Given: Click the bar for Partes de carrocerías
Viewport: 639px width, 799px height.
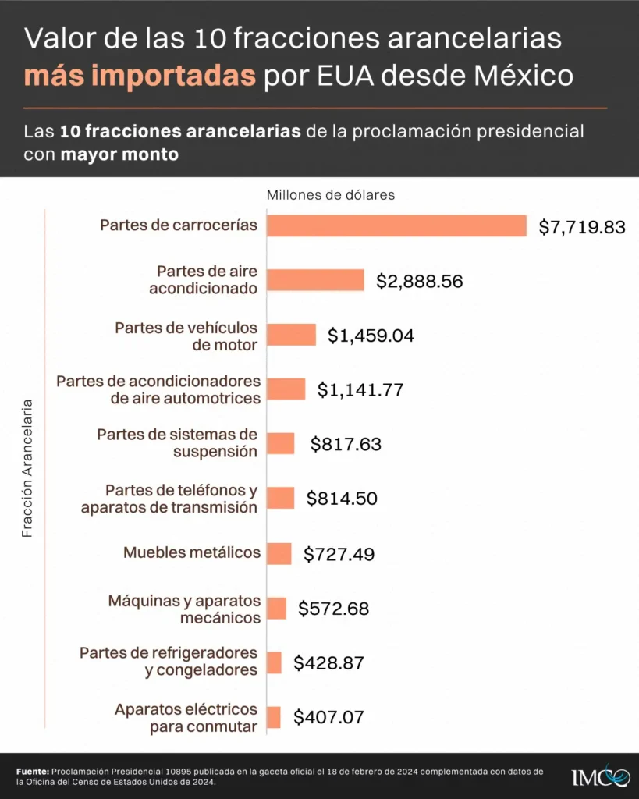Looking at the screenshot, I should coord(396,225).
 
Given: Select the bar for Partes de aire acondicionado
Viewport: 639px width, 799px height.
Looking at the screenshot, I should coord(315,280).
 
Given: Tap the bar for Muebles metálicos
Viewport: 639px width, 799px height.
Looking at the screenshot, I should coord(279,554).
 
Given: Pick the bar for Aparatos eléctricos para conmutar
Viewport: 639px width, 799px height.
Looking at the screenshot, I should coord(273,718).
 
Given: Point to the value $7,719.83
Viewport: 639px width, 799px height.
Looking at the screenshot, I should coord(582,227).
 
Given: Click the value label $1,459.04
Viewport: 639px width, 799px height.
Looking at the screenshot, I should coord(371,336).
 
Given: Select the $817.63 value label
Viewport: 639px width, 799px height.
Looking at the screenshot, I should coord(346,445).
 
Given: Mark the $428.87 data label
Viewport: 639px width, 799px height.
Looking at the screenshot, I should coord(328,663).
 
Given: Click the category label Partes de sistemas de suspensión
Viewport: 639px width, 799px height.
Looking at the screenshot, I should coord(177,442).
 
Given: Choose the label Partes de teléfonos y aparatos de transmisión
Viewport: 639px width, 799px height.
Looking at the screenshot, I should coord(169,499).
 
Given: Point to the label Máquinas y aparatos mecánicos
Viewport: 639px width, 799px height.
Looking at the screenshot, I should coord(184,609).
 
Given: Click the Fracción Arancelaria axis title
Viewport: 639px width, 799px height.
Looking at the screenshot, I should coord(27,469).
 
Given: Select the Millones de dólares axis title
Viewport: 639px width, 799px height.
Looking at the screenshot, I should coord(331,195).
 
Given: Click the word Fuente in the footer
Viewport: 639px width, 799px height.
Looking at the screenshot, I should coord(32,771).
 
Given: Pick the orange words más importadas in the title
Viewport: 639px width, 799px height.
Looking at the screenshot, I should coord(140,76).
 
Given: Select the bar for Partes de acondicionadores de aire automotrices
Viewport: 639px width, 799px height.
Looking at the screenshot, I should coord(286,389).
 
